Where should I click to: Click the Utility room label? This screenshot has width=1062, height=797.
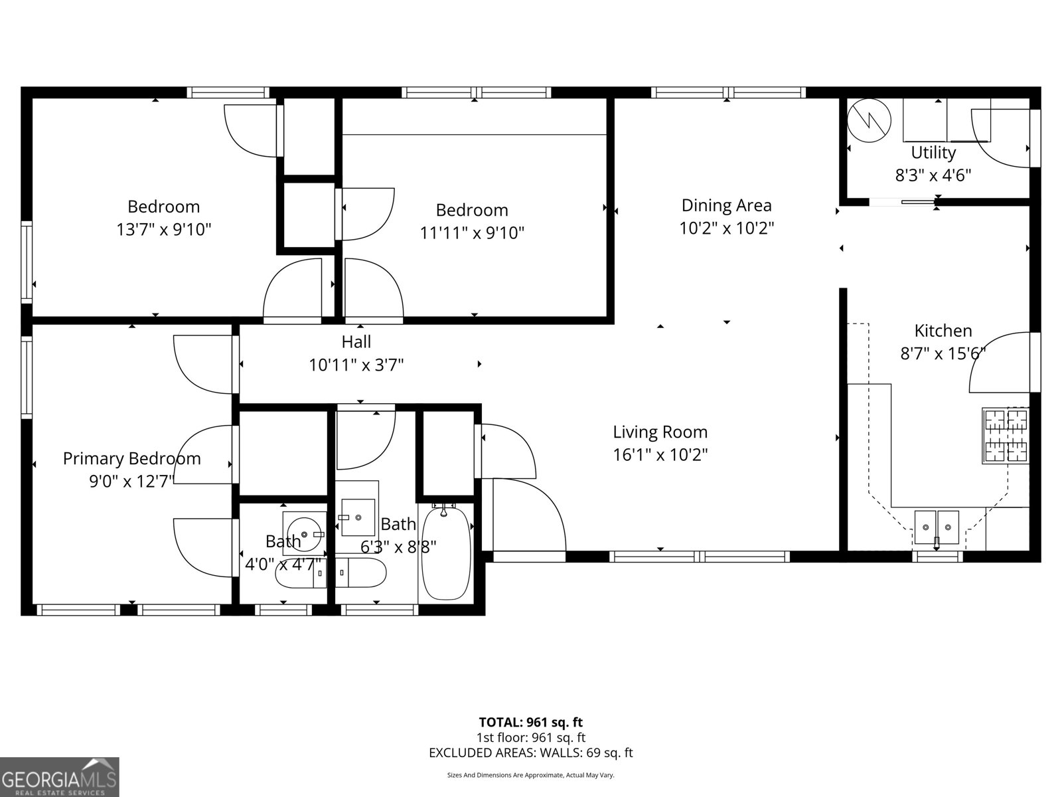[933, 153]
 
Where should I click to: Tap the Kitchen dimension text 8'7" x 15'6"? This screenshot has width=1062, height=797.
[943, 353]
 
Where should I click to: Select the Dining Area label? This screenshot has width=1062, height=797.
[726, 205]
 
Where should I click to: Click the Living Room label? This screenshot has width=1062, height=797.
[660, 432]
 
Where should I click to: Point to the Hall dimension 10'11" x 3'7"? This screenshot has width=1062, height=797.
[356, 365]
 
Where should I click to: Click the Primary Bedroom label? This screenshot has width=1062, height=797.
[131, 458]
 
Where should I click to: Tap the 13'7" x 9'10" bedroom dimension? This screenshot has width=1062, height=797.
[163, 230]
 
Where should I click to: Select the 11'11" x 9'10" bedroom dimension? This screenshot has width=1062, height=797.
[472, 233]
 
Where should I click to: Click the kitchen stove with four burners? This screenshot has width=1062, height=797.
[1005, 436]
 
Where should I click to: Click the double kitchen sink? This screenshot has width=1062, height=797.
[937, 527]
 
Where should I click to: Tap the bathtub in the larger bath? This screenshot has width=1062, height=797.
[446, 551]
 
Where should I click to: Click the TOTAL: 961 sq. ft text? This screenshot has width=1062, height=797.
[530, 722]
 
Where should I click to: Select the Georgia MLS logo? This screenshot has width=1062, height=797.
[60, 777]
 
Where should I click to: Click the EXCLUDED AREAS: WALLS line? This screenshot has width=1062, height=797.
[530, 753]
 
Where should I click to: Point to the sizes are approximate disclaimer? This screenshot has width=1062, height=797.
[530, 775]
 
